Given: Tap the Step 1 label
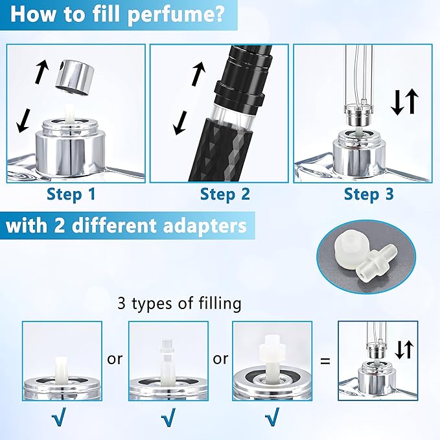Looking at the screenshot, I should [73, 194].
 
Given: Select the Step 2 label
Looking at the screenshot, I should [225, 194].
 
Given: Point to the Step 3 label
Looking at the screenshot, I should [369, 194].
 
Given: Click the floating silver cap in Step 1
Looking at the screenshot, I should [74, 74].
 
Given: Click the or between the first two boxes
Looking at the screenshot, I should [115, 358].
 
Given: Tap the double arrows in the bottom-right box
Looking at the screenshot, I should [404, 350].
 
